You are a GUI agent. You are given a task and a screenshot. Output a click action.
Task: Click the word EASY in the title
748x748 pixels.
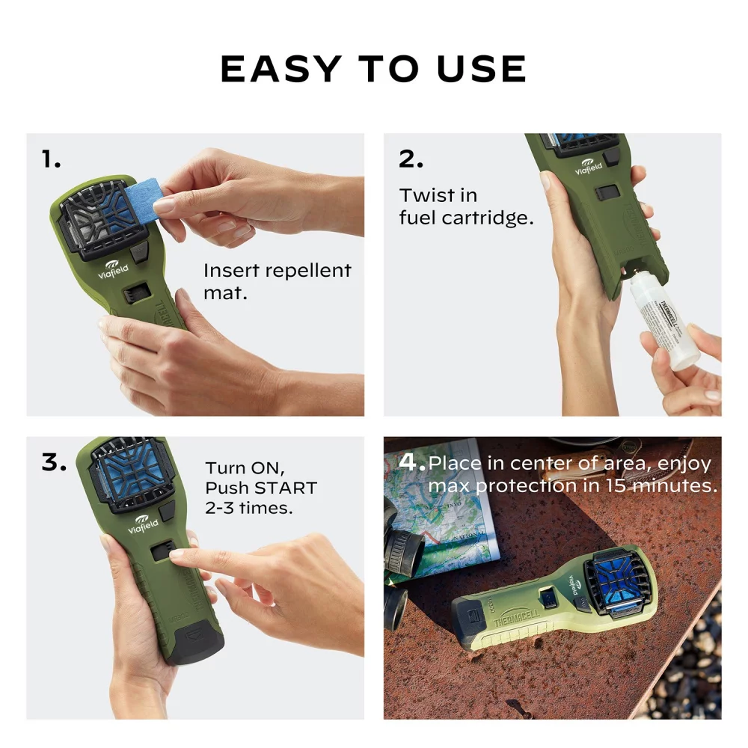point(280,70)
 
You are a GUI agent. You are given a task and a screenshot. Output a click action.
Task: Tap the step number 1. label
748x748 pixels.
point(52,159)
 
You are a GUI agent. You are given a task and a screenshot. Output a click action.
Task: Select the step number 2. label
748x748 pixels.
point(411,159)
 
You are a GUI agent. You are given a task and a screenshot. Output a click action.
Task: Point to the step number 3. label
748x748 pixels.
point(54,462)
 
